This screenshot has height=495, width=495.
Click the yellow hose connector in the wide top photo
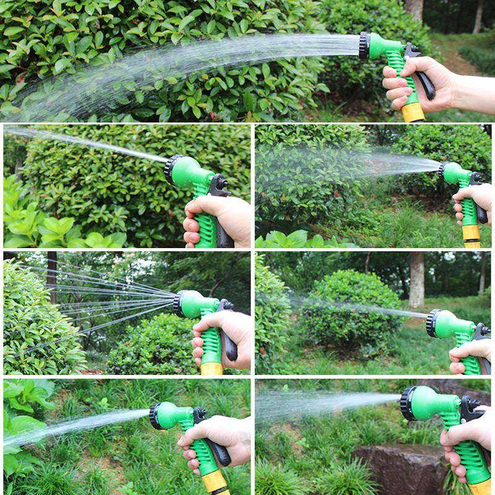coord(413,113)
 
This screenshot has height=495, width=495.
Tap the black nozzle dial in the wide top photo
coord(364,45)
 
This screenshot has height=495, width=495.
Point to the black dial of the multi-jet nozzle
coord(179,304)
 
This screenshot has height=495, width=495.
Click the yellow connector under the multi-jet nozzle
coord(212,368)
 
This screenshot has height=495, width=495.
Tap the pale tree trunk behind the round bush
coord(416,278)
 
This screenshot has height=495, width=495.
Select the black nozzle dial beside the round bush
coord(432,323)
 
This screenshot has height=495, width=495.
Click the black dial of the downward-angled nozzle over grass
coord(155,416)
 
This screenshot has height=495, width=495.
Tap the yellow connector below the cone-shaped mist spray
coord(471,235)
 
